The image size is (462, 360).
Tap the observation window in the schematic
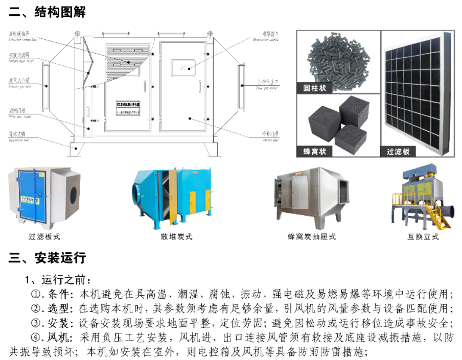tap(181, 67)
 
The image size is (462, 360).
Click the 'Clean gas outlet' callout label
tap(267, 82)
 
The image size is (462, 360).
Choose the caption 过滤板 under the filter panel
tap(398, 152)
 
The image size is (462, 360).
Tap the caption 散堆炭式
tap(176, 237)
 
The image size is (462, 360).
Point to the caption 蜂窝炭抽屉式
tap(312, 237)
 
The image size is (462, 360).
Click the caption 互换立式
tap(423, 237)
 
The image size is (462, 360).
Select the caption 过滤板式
tap(44, 237)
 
